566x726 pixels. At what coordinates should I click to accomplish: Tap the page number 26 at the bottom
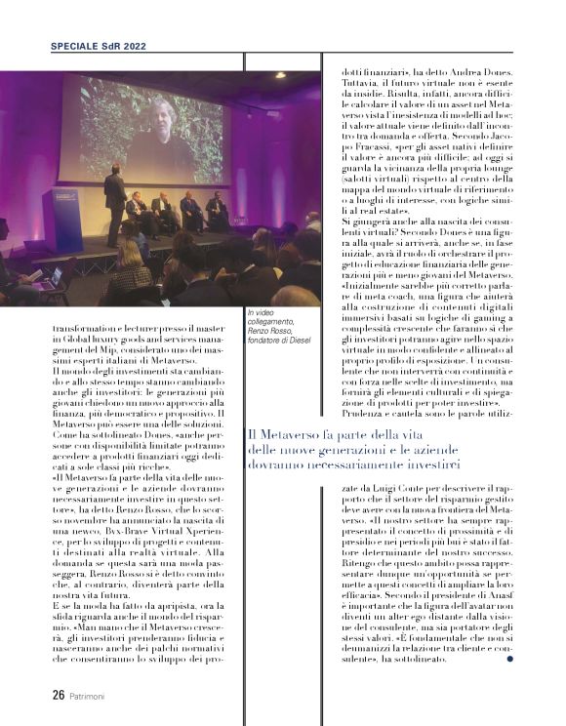pos(59,696)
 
